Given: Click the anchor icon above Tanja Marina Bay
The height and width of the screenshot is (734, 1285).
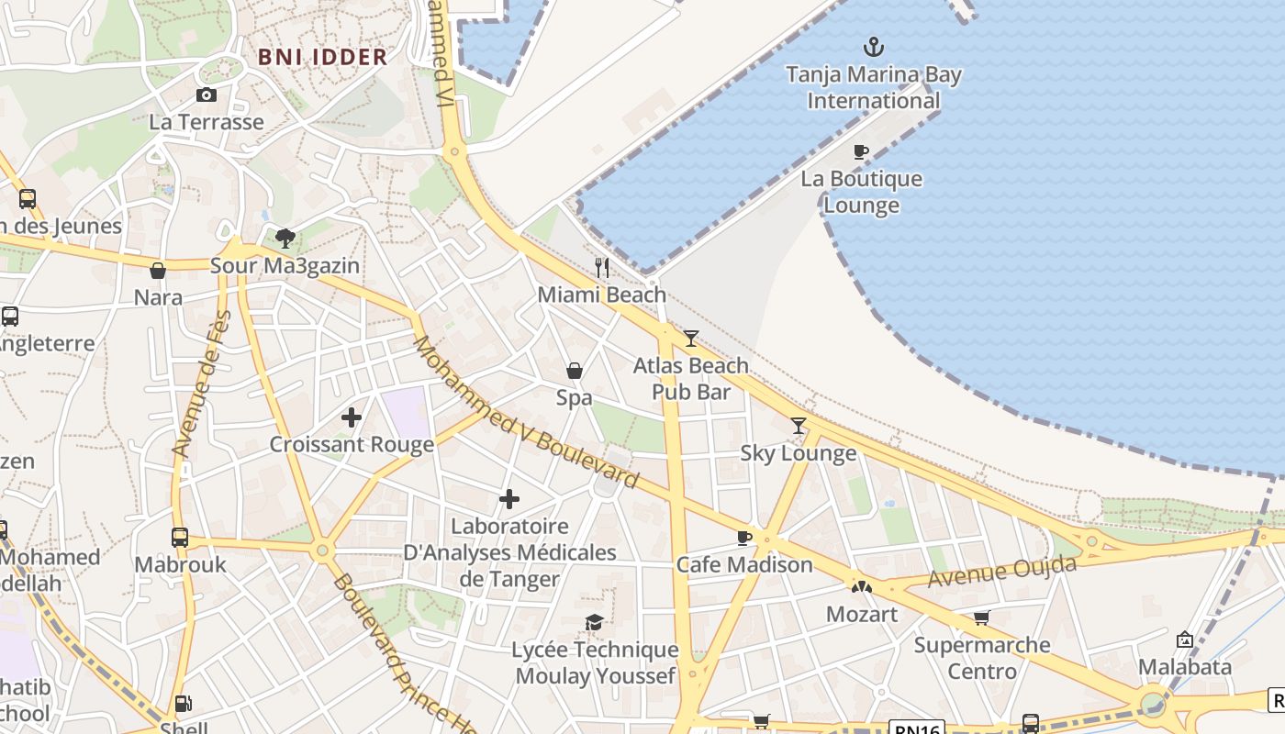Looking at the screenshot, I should pos(874,46).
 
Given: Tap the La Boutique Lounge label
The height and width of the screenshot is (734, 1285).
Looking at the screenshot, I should pos(861,192).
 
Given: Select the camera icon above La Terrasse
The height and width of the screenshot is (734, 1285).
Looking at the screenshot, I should pos(207,95).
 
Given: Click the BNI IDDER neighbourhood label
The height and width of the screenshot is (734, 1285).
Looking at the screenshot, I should pos(322,57).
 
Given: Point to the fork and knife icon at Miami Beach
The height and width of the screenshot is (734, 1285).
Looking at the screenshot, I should pos(602,267).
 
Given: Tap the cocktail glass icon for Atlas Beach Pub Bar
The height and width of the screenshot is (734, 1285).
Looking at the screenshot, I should pos(691,338).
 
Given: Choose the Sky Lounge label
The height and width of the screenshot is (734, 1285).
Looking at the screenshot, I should pos(798,453).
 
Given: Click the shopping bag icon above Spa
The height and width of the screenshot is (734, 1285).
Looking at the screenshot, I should pos(575,371).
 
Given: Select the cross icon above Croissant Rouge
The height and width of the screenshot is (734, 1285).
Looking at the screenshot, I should pos(352,417).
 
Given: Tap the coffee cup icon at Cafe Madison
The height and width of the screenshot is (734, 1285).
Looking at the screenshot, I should pos(744,538).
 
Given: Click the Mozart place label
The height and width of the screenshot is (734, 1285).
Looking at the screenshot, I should pos(862,614).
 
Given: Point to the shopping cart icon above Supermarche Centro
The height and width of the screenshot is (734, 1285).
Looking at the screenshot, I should pos(981,617).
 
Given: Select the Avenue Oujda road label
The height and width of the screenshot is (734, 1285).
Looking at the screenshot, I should pos(1001,572).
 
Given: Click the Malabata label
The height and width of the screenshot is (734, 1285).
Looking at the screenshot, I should pos(1185,666).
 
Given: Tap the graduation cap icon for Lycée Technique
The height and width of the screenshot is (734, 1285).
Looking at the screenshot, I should pos(595,623).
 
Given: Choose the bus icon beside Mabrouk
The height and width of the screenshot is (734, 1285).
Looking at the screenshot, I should pos(180,538).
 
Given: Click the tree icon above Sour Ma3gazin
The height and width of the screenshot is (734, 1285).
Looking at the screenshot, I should pos(285,239).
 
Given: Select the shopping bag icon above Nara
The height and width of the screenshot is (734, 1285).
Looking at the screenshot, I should pos(158,271).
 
